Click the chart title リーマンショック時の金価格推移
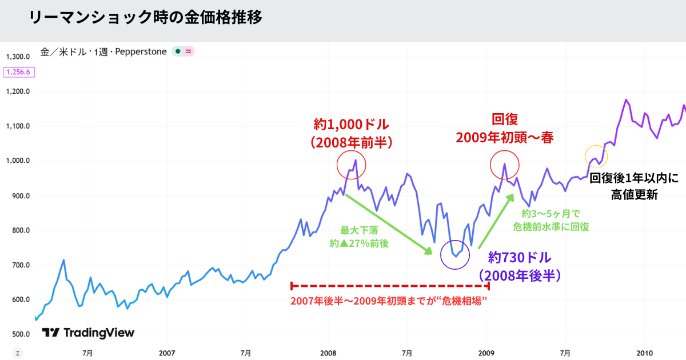click(x=145, y=18)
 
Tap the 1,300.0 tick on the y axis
click(x=18, y=57)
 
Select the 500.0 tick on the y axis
click(x=19, y=334)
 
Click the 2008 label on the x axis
click(x=328, y=353)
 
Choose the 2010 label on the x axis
click(x=645, y=353)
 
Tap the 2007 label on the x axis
click(x=167, y=353)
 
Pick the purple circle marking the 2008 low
click(x=456, y=255)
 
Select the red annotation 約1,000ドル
click(x=351, y=124)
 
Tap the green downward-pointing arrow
click(x=389, y=224)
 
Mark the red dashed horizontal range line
click(x=390, y=285)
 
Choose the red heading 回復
click(x=505, y=120)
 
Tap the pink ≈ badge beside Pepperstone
click(x=189, y=51)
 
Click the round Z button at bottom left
click(x=18, y=353)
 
